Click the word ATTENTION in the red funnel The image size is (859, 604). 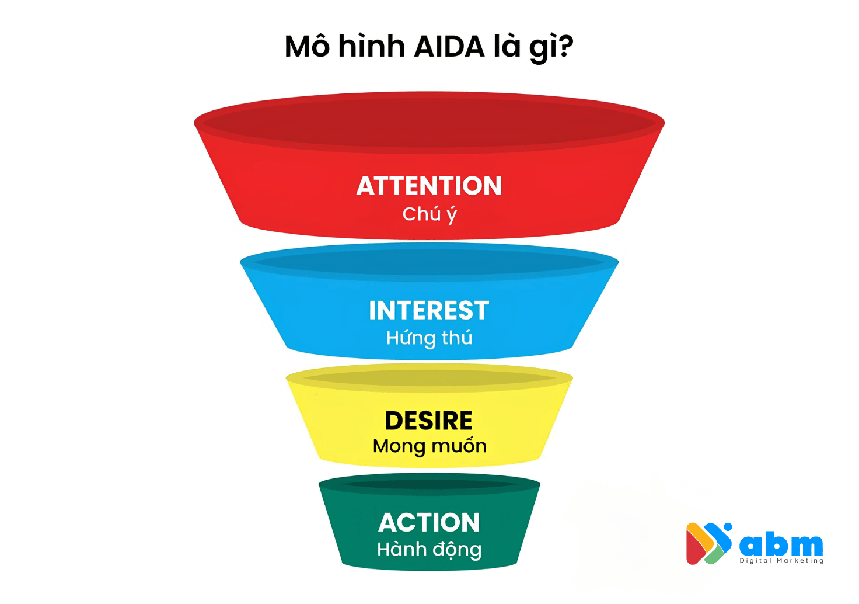coord(429,186)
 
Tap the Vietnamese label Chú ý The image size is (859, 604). coord(429,214)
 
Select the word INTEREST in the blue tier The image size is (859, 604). coord(429,311)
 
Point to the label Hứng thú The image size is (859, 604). coord(429,338)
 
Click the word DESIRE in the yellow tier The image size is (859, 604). coord(429,421)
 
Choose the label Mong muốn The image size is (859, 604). coord(429,446)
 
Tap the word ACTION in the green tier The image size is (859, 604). coord(429,523)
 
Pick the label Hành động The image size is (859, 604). coord(429,550)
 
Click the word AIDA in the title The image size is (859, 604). coord(449,47)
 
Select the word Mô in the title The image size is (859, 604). coord(308,47)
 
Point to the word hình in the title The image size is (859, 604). coord(372,47)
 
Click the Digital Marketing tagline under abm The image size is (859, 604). coord(781,561)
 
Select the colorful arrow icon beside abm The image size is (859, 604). coord(708,543)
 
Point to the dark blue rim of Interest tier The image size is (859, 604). coord(429,262)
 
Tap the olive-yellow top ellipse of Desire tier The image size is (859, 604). coord(429,379)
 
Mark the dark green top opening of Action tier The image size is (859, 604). coord(429,484)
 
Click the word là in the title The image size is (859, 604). coord(507,47)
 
